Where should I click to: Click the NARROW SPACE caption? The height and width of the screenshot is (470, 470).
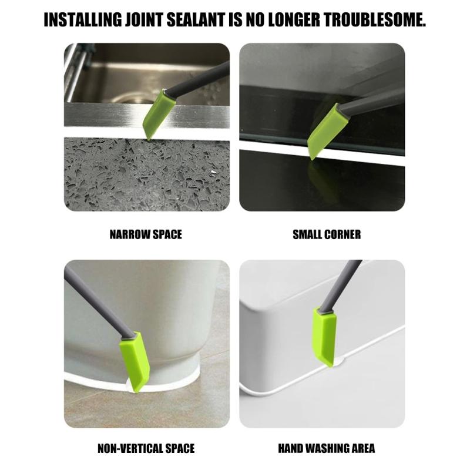tap(146, 235)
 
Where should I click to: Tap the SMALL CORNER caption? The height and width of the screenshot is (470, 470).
tap(327, 235)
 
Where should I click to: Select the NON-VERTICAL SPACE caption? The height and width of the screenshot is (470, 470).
tap(146, 449)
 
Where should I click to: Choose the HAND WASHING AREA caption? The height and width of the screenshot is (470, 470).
tap(327, 449)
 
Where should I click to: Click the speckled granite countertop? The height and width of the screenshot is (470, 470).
tap(106, 176)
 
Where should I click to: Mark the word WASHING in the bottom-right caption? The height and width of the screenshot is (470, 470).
tap(327, 449)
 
